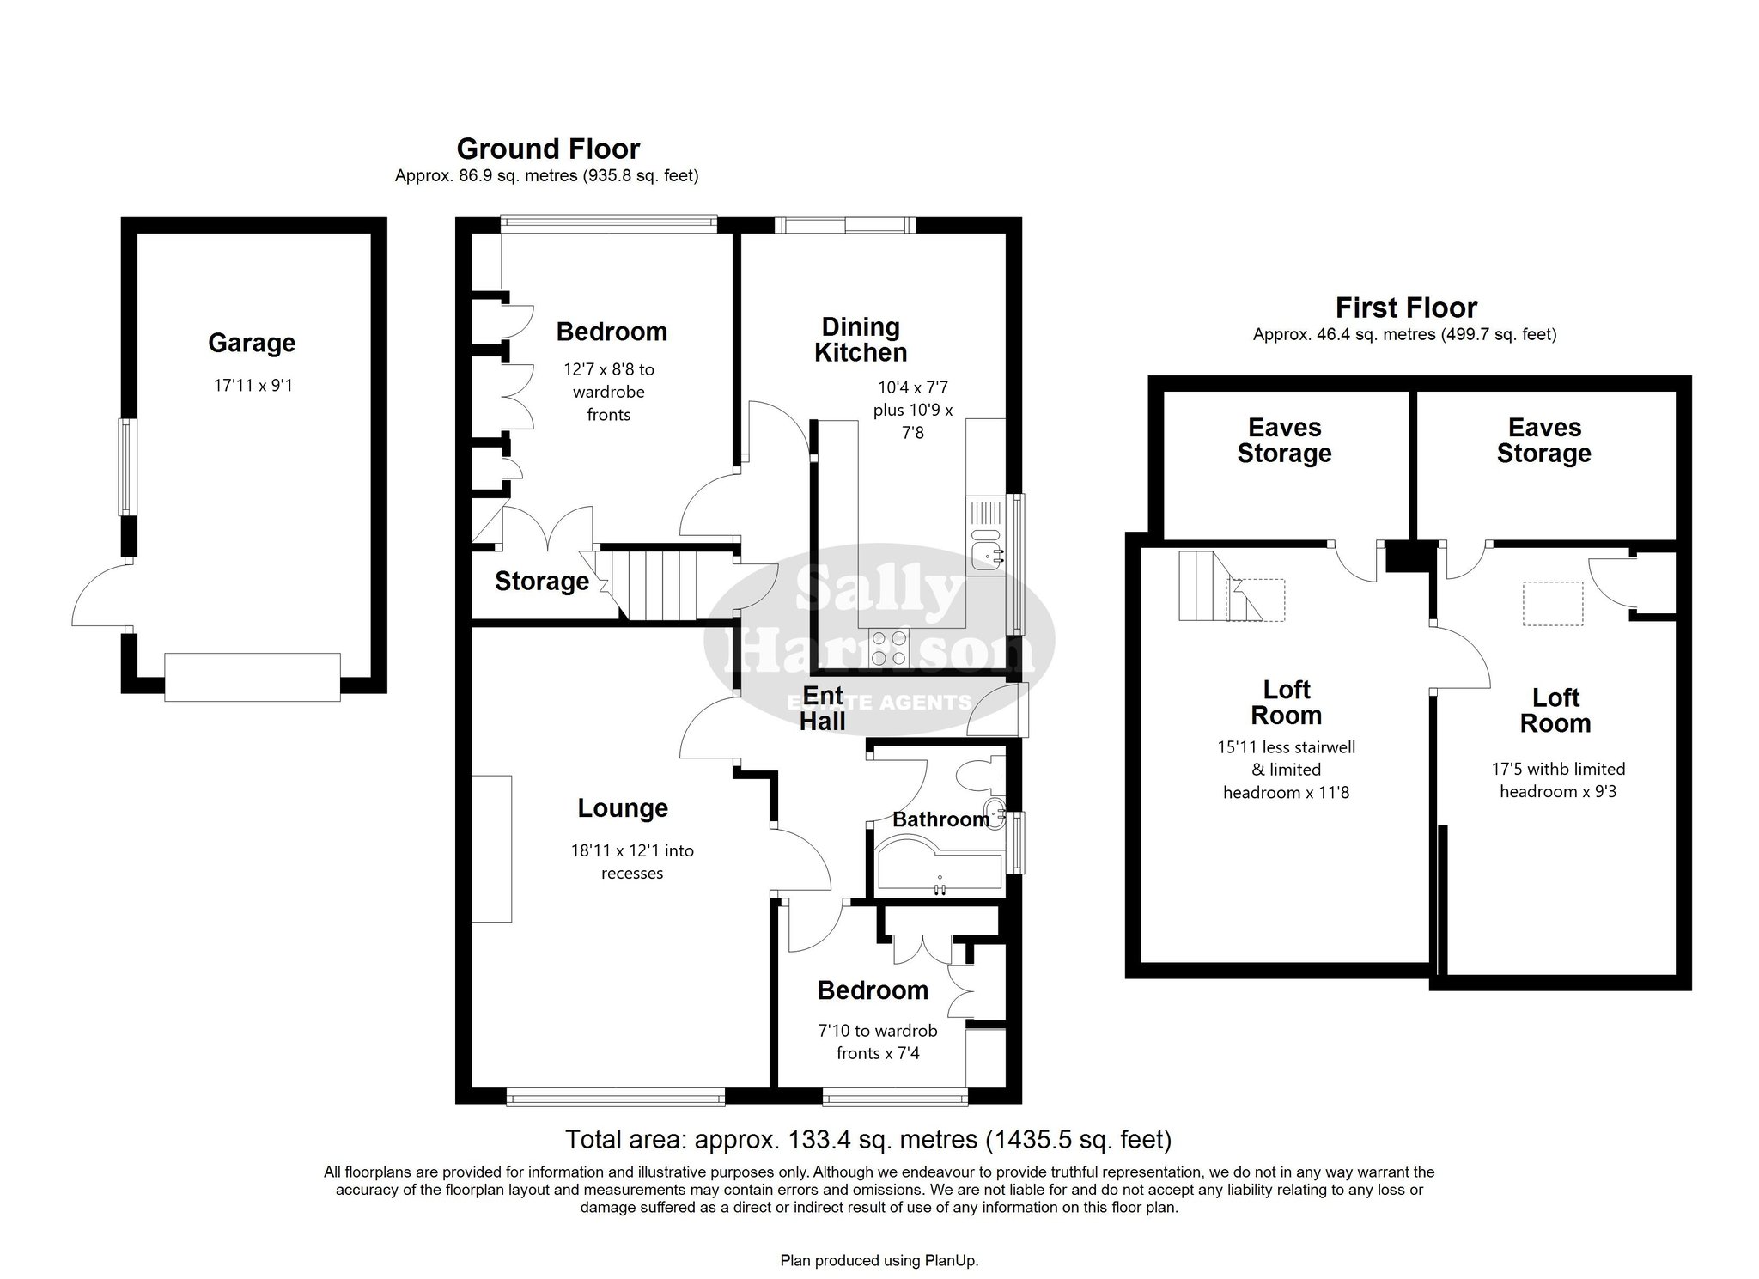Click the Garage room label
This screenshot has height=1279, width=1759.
(x=252, y=344)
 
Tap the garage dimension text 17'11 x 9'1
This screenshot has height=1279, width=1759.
(x=253, y=386)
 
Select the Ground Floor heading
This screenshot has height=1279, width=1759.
(x=548, y=149)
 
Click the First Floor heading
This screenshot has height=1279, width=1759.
(x=1406, y=308)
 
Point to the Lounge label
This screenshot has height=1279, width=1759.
(x=623, y=808)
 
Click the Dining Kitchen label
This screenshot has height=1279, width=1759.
(x=861, y=339)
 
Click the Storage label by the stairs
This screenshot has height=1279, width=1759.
(x=542, y=582)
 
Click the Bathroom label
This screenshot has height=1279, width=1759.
(x=941, y=819)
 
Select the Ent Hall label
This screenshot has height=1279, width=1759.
(x=823, y=709)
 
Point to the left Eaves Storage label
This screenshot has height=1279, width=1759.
(x=1284, y=441)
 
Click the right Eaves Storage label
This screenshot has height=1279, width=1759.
(x=1543, y=441)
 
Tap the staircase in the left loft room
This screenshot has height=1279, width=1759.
(x=1220, y=586)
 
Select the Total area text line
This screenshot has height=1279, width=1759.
(x=868, y=1140)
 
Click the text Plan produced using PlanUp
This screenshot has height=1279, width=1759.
(x=879, y=1261)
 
